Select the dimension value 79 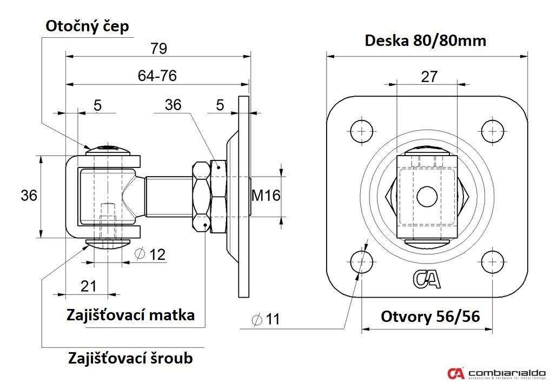[x=158, y=49]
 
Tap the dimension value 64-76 [x=157, y=76]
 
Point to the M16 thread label [x=266, y=195]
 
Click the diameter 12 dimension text [x=150, y=254]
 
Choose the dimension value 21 [x=88, y=286]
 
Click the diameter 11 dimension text [x=266, y=319]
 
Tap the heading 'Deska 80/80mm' [x=426, y=41]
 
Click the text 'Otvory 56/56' [x=430, y=316]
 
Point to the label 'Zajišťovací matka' [x=130, y=314]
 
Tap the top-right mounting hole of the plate [x=493, y=130]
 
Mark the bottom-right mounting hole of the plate [x=493, y=261]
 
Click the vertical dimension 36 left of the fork [x=29, y=195]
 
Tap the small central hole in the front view [x=427, y=196]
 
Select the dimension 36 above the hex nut [x=173, y=105]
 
